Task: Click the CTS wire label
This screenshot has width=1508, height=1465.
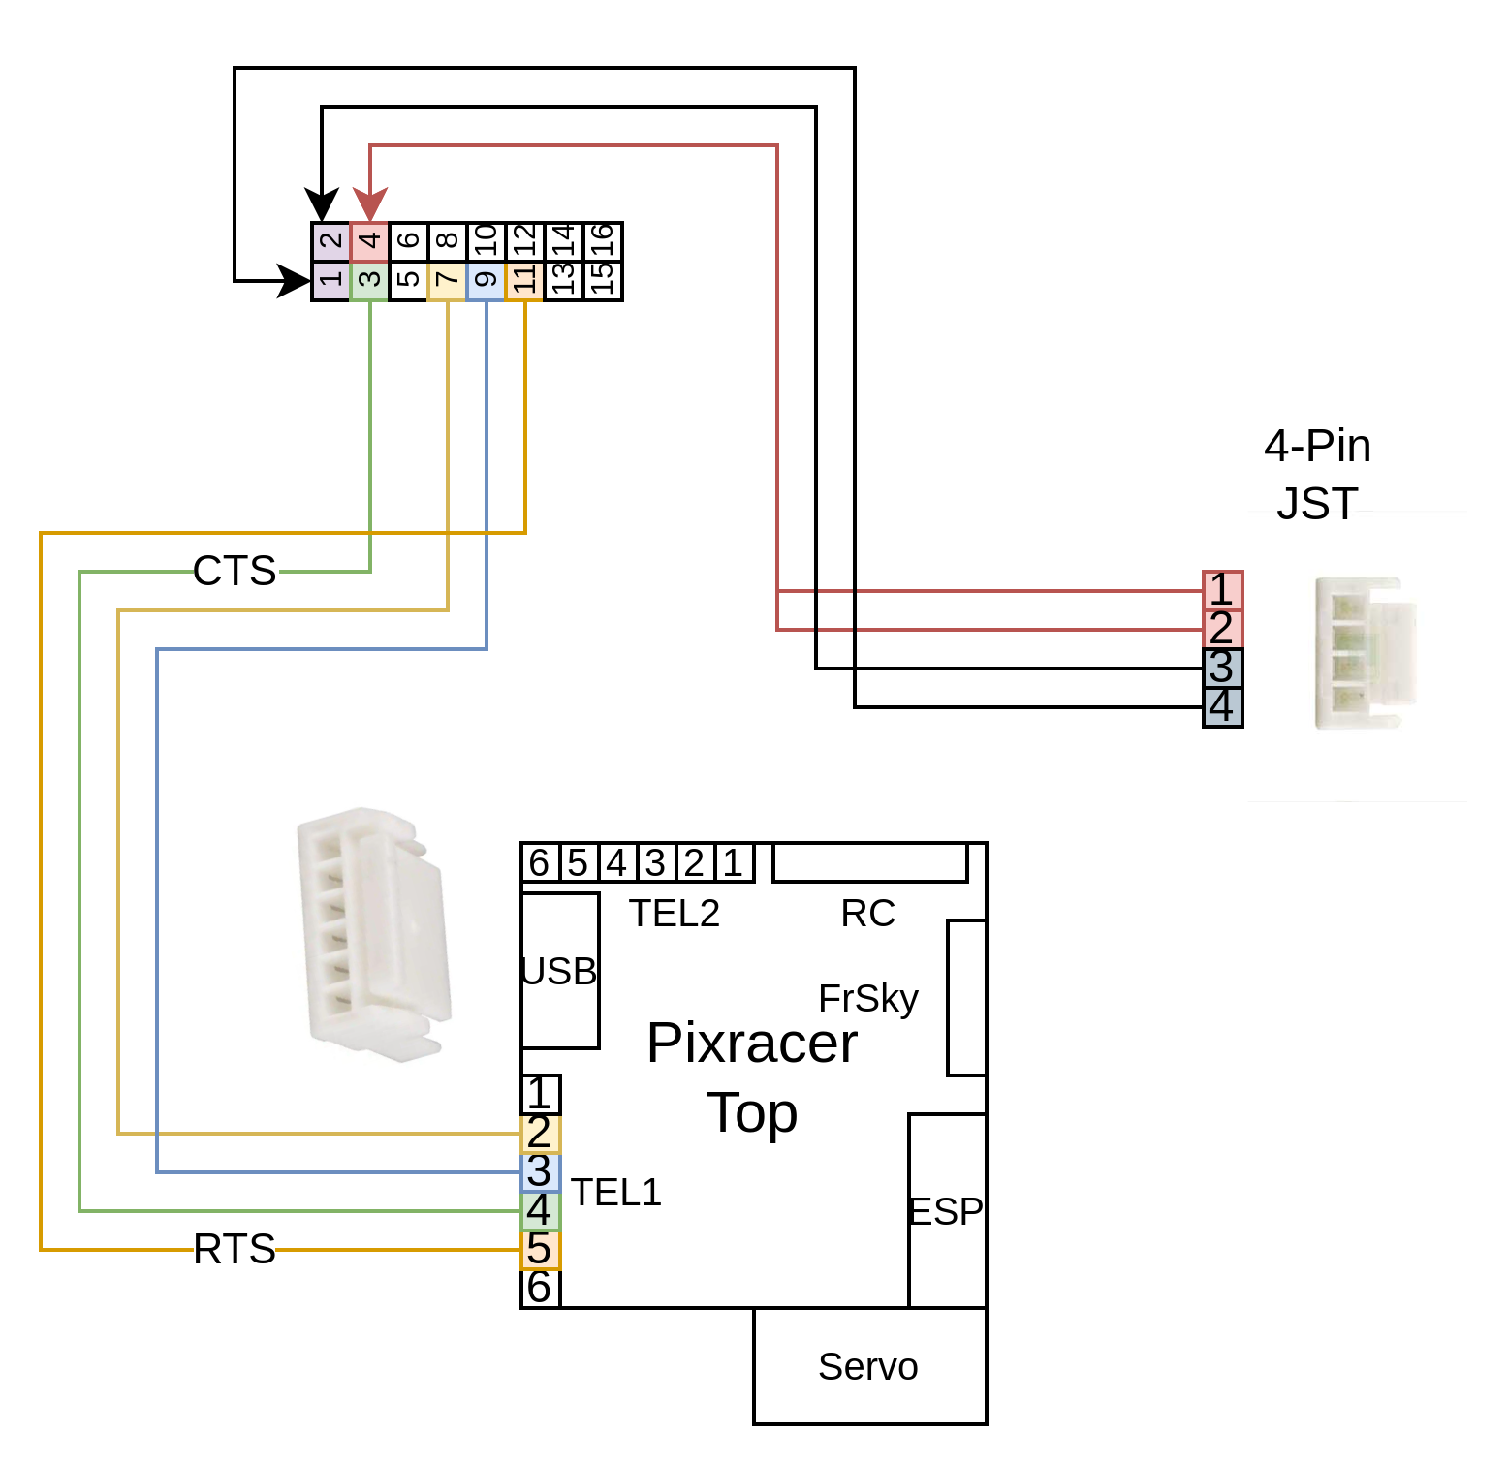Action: pos(235,571)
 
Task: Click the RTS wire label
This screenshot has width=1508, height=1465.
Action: pos(235,1249)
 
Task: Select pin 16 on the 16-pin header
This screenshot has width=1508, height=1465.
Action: pos(603,242)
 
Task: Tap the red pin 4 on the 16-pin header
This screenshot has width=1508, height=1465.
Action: pos(369,242)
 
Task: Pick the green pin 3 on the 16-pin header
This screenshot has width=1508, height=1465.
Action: pos(369,281)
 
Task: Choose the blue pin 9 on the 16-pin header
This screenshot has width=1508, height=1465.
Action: pos(486,281)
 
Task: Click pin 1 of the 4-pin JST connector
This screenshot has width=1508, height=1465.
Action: pos(1222,590)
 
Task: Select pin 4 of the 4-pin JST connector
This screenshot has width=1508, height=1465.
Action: pos(1222,707)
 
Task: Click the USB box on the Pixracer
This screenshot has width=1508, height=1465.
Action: pos(560,971)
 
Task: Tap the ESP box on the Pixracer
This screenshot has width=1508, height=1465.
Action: pos(947,1211)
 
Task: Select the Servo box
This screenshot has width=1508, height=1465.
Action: pos(869,1366)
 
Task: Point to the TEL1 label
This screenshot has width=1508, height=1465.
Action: pos(616,1193)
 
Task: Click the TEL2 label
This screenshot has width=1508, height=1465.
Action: pos(675,914)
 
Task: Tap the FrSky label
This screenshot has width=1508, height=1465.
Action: pos(868,999)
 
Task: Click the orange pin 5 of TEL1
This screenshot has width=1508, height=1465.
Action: pos(540,1250)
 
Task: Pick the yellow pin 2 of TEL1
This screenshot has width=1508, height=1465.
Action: pos(540,1134)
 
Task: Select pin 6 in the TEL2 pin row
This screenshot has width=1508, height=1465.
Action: pos(540,862)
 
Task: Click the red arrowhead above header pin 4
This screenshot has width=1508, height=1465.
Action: pos(369,205)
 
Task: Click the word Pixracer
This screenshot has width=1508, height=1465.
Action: pos(752,1044)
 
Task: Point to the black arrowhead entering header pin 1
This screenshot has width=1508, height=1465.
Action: pos(295,281)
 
